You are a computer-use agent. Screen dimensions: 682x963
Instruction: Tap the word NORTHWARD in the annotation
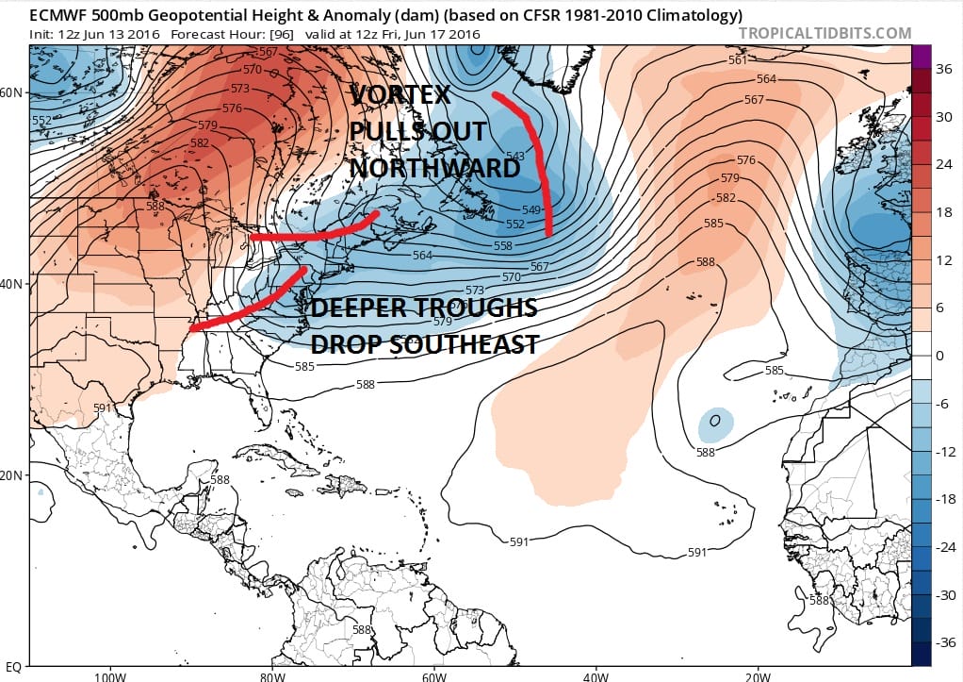click(434, 168)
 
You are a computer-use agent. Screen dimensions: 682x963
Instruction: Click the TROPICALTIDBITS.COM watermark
click(824, 33)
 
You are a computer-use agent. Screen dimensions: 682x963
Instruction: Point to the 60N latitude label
click(12, 92)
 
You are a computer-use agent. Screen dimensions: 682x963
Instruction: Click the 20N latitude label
click(12, 475)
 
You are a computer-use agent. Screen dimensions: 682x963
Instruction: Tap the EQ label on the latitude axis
click(13, 668)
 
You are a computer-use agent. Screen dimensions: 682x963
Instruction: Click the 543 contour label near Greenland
click(515, 157)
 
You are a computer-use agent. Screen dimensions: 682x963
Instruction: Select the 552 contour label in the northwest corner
click(41, 121)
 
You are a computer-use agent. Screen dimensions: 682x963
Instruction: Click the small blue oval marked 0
click(715, 422)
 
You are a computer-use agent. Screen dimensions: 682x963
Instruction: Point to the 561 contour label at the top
click(738, 60)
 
